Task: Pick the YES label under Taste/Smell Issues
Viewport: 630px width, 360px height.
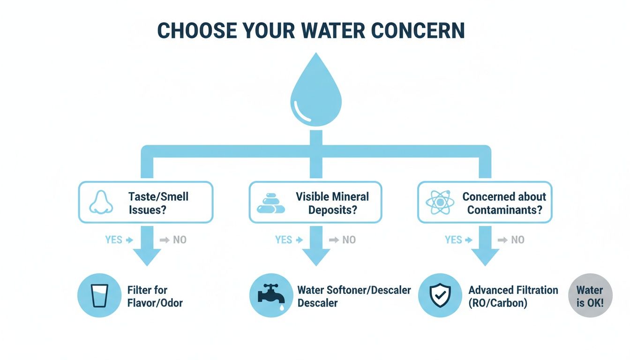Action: [114, 240]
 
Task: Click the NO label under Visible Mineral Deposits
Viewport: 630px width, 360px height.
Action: [349, 240]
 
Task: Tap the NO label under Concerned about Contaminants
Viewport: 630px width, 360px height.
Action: [517, 240]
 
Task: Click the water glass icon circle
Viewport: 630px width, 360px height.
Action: [100, 296]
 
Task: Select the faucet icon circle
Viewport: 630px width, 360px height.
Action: [271, 296]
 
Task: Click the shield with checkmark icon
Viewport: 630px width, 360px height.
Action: [440, 296]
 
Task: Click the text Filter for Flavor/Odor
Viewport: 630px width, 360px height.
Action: [155, 296]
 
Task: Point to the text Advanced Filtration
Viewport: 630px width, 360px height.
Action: [513, 290]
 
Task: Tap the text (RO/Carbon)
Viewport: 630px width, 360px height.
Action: [498, 303]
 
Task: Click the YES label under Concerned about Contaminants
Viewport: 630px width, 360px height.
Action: [453, 240]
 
